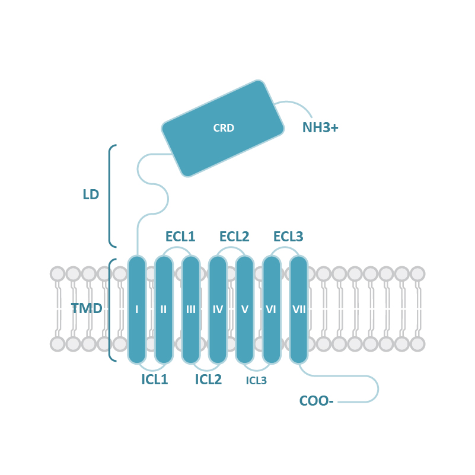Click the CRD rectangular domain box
point(223,128)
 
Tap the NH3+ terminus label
point(320,127)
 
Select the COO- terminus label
point(316,401)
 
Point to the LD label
point(91,195)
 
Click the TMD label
point(87,308)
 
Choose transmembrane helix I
point(137,309)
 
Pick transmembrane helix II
point(164,309)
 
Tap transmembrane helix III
point(191,309)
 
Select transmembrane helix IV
point(218,309)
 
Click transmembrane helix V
point(244,309)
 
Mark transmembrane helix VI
point(272,309)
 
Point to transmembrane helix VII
point(298,309)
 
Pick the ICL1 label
point(154,380)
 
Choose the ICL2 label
point(208,380)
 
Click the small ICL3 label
point(256,381)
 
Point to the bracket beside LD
point(110,196)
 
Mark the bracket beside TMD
point(110,309)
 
